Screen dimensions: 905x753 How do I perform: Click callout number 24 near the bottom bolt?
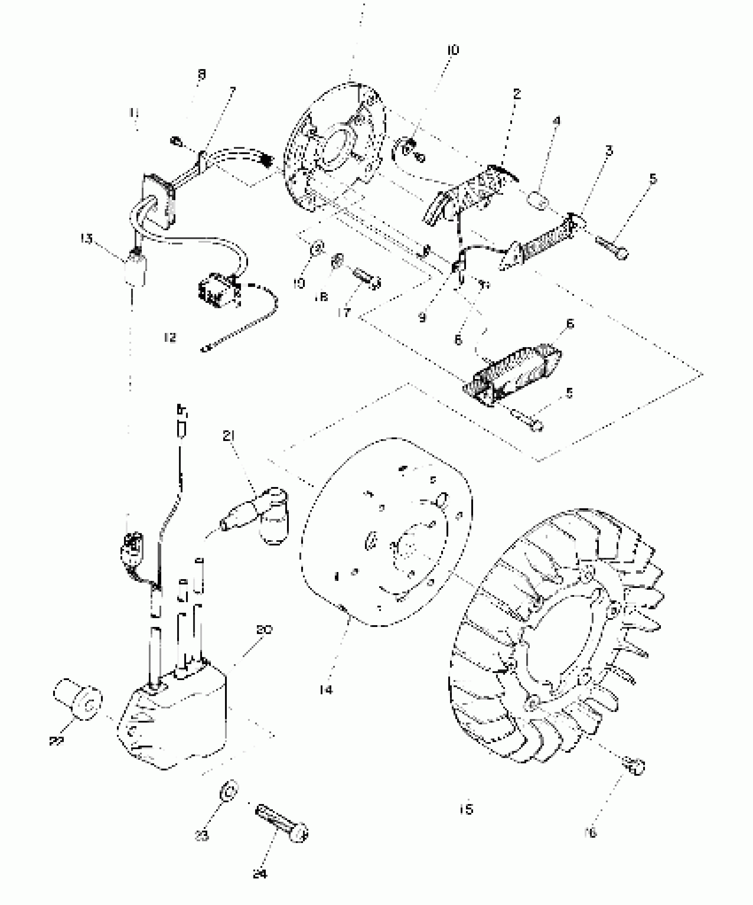[x=260, y=874]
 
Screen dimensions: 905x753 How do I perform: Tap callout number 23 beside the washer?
[x=202, y=835]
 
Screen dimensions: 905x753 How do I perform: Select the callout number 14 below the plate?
[x=326, y=689]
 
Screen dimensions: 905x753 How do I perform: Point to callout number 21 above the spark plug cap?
[x=229, y=436]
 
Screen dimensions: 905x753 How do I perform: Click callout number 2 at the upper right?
[x=516, y=94]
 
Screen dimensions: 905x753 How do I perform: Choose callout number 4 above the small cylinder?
[x=556, y=121]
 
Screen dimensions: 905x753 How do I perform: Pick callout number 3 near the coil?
[x=609, y=151]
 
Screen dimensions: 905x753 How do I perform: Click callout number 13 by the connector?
[x=86, y=239]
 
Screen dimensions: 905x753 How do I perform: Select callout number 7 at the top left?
[x=232, y=92]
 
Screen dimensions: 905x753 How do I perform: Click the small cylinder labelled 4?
[x=538, y=200]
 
